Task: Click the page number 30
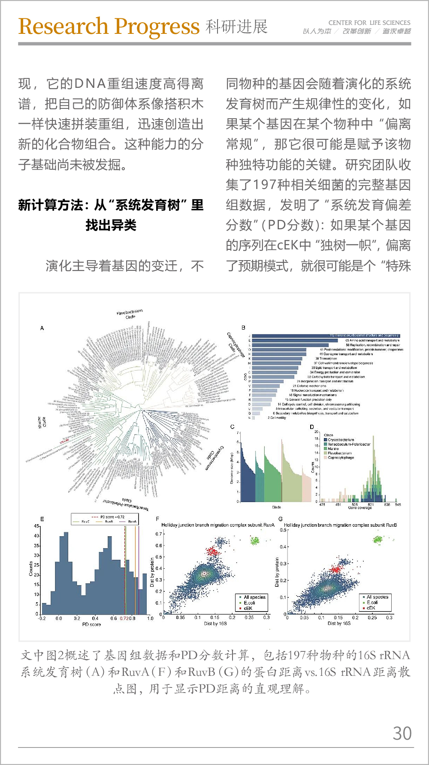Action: coord(402,733)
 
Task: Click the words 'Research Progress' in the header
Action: coord(109,27)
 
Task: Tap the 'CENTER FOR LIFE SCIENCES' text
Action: coord(369,23)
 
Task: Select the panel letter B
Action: coord(243,328)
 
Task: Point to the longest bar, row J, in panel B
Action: coord(326,336)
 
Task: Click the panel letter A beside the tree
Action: coord(42,328)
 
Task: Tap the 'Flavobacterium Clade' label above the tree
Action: coord(130,314)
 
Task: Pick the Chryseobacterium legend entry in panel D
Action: coord(341,440)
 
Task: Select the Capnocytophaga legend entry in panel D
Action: coord(341,458)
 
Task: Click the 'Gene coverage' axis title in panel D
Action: coord(360,508)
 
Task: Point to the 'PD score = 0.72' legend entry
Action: coord(112,517)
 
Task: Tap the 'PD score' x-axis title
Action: coord(91,624)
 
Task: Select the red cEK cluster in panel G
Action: coord(335,569)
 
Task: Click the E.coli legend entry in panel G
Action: coord(372,602)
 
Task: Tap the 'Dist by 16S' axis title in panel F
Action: coord(215,624)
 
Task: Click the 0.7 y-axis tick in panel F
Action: coord(159,534)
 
